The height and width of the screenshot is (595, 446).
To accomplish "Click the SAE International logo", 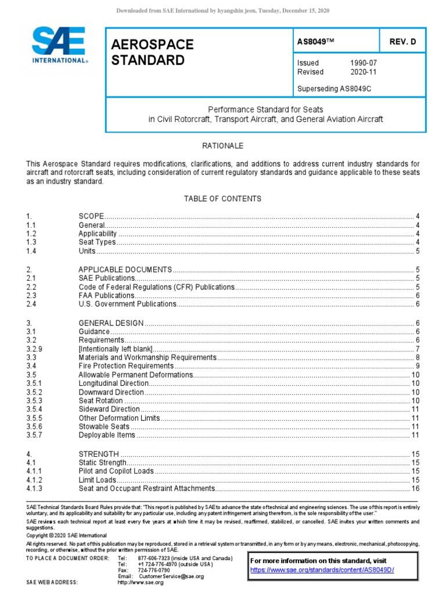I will (x=59, y=45).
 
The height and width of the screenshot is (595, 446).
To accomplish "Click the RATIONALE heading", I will (x=222, y=146).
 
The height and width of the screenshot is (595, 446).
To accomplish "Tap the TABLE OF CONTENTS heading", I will (x=222, y=199).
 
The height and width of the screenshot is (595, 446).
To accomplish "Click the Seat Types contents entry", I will (x=97, y=242).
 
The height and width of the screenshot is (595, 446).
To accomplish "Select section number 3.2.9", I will (x=35, y=349).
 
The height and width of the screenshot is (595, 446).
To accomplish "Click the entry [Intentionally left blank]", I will (x=115, y=349).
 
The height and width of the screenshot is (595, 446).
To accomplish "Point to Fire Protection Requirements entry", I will (x=126, y=367).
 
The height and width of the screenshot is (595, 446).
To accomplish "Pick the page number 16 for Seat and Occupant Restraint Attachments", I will (x=415, y=489).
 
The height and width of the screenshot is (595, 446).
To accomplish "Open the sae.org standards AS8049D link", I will (x=322, y=570).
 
